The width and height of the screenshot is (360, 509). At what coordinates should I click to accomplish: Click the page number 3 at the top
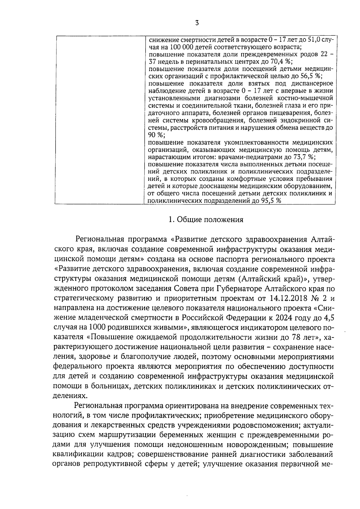[x=197, y=23]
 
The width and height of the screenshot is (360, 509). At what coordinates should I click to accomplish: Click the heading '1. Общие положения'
[x=206, y=220]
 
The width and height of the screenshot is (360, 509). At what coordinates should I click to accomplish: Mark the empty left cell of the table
[x=100, y=120]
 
